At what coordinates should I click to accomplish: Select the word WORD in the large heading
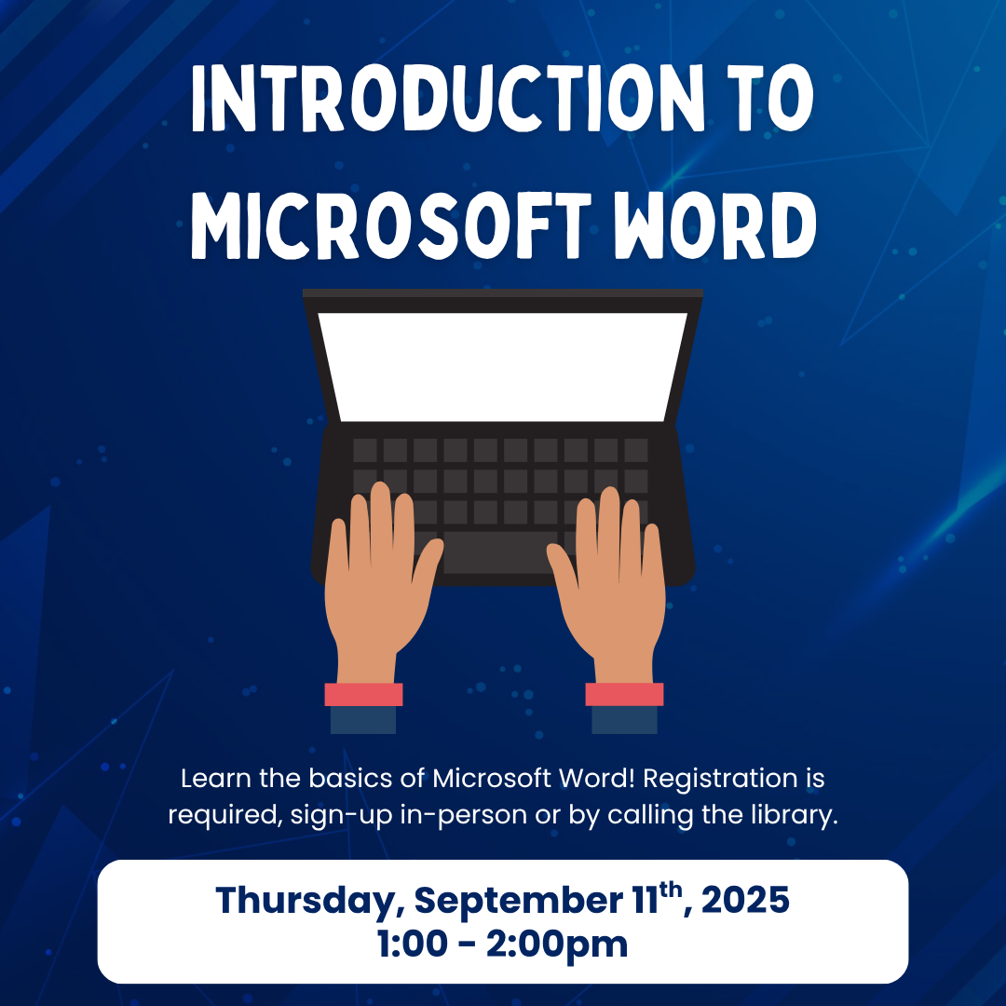714,225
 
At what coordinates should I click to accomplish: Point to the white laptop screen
502,366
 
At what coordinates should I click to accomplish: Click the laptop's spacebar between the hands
500,552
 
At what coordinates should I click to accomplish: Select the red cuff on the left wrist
363,694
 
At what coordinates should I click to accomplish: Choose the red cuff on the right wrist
624,694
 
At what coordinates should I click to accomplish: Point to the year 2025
745,900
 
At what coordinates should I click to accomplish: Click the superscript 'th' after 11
671,890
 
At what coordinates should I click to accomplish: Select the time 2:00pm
556,945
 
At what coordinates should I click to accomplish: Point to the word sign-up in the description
341,816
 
